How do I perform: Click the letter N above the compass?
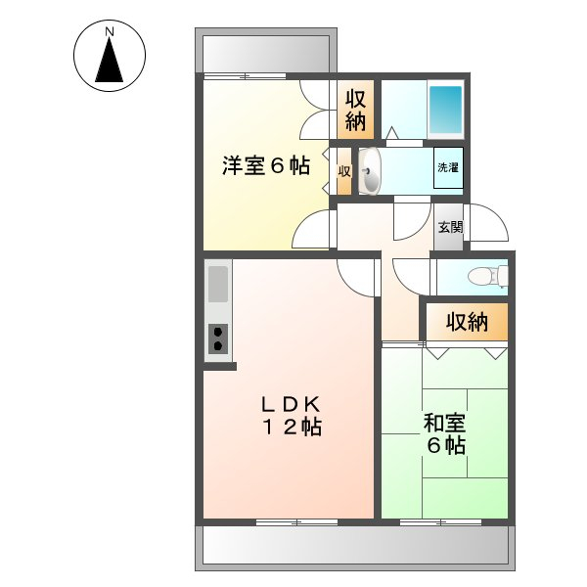pyautogui.click(x=110, y=32)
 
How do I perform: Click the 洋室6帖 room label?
pyautogui.click(x=264, y=166)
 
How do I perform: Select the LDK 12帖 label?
pyautogui.click(x=291, y=416)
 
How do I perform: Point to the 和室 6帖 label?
pyautogui.click(x=444, y=434)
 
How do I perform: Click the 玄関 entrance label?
pyautogui.click(x=449, y=228)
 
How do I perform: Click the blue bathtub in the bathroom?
pyautogui.click(x=445, y=111)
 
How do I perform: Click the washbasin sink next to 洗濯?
pyautogui.click(x=369, y=172)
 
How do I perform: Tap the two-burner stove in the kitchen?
pyautogui.click(x=217, y=339)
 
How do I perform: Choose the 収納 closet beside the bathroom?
pyautogui.click(x=355, y=110)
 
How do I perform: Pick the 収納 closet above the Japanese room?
pyautogui.click(x=467, y=322)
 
